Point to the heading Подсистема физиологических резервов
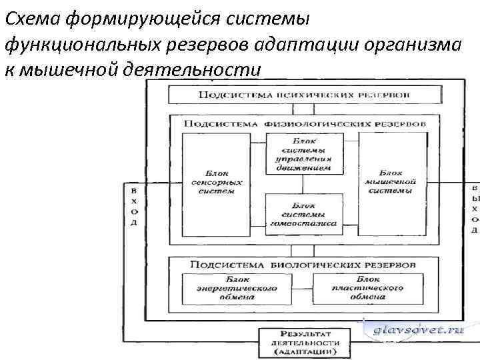(x=304, y=124)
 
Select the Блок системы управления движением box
(x=304, y=155)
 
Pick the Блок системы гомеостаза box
(x=304, y=215)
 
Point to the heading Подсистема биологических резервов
(x=303, y=265)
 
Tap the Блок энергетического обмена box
(x=237, y=287)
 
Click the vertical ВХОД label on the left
(x=133, y=207)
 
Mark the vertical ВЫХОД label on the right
(x=475, y=209)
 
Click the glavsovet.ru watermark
(x=419, y=329)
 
